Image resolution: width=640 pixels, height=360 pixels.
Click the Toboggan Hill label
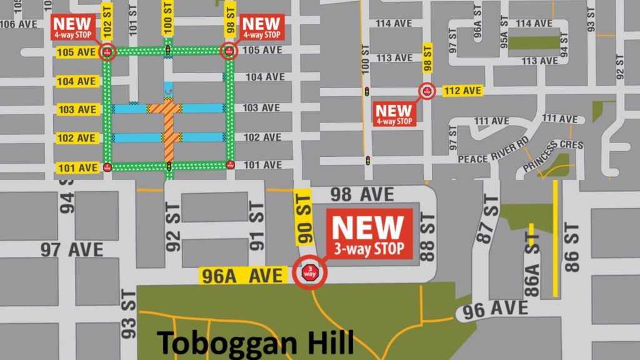coord(255,343)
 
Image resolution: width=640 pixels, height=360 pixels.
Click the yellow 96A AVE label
coord(243,276)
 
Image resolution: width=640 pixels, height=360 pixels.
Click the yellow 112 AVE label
coord(463,91)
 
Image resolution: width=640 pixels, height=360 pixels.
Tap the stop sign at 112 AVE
coord(427,91)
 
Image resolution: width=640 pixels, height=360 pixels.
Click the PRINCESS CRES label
coord(553,154)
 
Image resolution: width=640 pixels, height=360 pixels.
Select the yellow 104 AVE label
coord(77,82)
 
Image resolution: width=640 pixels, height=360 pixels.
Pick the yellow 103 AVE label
coord(77,110)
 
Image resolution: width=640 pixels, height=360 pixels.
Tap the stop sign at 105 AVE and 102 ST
coord(107,51)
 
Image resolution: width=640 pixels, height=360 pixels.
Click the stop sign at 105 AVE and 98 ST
coord(229,51)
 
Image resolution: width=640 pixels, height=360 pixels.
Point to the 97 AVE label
coord(72,249)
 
